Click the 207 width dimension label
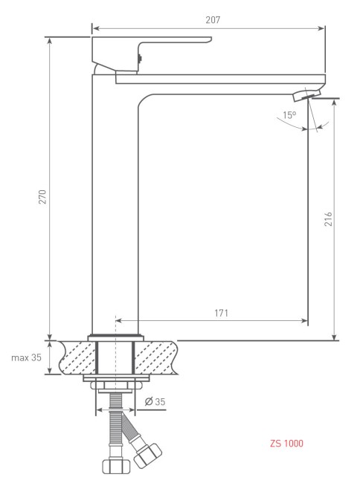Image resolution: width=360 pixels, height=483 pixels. (x=213, y=20)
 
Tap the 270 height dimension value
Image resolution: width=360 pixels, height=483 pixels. (x=42, y=197)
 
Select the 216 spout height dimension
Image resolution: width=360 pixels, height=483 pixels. (x=328, y=219)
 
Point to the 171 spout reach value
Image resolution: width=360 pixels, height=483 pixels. (x=222, y=313)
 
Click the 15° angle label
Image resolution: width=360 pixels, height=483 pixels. (x=289, y=115)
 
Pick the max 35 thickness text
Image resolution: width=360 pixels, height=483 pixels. (x=26, y=357)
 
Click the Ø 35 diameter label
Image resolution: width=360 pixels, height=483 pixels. (x=155, y=402)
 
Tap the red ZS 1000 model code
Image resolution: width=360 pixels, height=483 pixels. (x=286, y=444)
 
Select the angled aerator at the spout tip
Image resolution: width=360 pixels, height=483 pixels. (x=306, y=95)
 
